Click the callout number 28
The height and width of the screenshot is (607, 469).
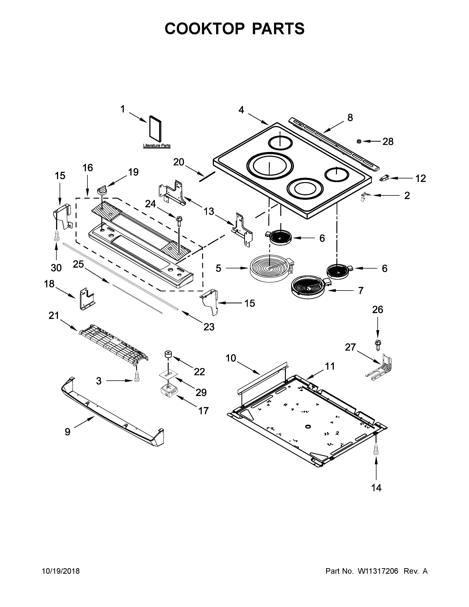pyautogui.click(x=388, y=142)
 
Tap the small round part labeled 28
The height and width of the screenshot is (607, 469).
pyautogui.click(x=359, y=141)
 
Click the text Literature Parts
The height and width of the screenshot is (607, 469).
pyautogui.click(x=157, y=145)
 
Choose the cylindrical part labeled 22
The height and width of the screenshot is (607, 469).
pyautogui.click(x=168, y=355)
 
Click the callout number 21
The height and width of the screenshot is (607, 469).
pyautogui.click(x=54, y=316)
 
